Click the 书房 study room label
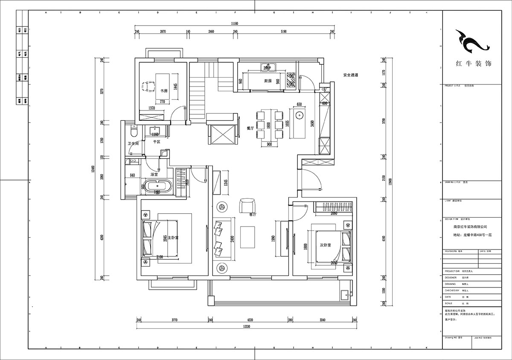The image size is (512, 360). coord(163,91)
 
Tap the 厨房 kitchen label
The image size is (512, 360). coord(268,81)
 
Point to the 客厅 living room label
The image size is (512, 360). coord(253,215)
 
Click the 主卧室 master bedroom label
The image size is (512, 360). coord(173,237)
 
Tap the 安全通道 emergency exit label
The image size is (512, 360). coord(350,75)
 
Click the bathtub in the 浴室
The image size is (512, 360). coord(158,186)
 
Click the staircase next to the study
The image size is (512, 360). coord(198,92)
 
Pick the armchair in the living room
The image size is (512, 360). coord(246,206)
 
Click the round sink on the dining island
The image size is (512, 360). coord(299,114)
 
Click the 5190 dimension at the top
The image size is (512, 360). coord(283,32)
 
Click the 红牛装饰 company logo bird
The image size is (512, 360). coord(471,41)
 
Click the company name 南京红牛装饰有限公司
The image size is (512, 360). coord(470,227)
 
